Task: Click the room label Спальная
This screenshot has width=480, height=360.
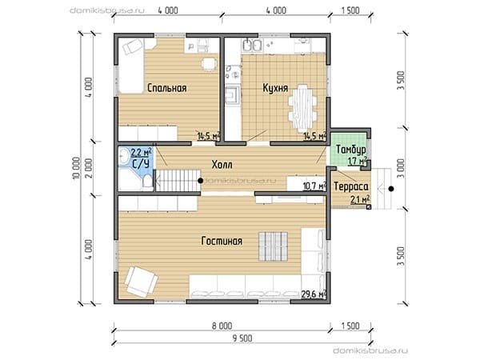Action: [x=167, y=88]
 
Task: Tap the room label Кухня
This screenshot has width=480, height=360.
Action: [x=275, y=88]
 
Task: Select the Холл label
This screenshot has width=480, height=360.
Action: [x=222, y=165]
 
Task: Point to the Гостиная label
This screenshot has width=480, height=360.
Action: [x=222, y=241]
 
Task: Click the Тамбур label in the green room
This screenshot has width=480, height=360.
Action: [x=351, y=150]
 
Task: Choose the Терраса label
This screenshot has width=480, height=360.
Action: [x=351, y=186]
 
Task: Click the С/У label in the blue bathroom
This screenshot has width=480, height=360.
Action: [x=141, y=164]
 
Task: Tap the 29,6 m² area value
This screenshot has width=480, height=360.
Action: [x=314, y=294]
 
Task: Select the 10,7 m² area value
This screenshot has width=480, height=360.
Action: [x=314, y=186]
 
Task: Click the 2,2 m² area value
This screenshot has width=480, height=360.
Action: [x=142, y=152]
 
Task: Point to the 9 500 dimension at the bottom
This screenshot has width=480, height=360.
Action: [x=242, y=338]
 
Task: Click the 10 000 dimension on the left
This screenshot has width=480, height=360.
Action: [x=77, y=168]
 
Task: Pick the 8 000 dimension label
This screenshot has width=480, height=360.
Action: [x=222, y=326]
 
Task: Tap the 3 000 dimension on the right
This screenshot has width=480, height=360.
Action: [x=402, y=168]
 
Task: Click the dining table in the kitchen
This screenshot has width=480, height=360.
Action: [x=302, y=106]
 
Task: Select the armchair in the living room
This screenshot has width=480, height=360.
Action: [x=141, y=282]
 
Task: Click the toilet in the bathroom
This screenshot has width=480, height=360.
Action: [x=147, y=182]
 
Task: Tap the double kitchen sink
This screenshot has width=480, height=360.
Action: [x=252, y=46]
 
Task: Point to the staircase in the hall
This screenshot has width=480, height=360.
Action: [x=178, y=180]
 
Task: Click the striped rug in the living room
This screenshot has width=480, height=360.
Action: [x=274, y=246]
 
